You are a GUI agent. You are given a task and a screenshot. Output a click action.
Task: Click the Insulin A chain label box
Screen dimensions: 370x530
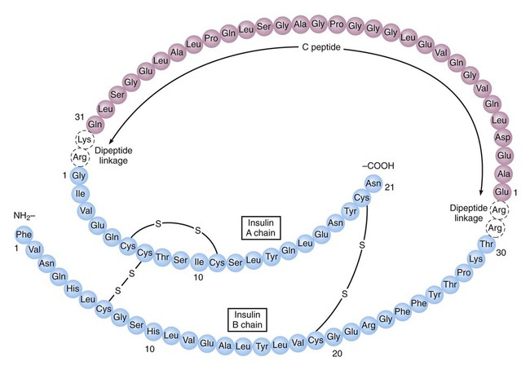tap(261, 227)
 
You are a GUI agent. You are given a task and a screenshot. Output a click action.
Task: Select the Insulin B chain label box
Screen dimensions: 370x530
tap(250, 317)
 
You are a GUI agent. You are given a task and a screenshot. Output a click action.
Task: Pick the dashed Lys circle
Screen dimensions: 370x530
tap(79, 139)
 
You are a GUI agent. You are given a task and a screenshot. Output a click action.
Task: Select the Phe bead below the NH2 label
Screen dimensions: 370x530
tap(24, 234)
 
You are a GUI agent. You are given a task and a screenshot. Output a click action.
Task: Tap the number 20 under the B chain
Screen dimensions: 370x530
tap(338, 355)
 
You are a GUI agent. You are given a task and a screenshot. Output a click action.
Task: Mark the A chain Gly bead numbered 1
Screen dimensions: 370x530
tap(78, 175)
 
